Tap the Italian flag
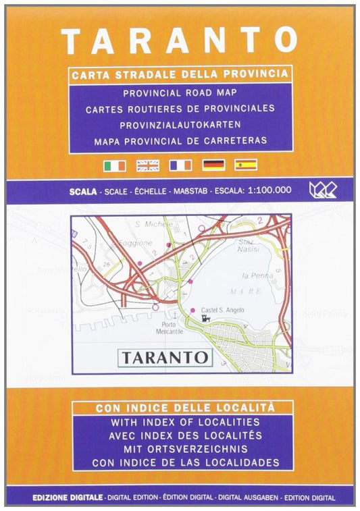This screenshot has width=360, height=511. [113, 165]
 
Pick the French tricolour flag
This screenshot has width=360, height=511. [180, 165]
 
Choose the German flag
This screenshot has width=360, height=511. [213, 165]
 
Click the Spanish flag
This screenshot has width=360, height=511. [246, 165]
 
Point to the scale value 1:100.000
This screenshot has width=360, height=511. [269, 190]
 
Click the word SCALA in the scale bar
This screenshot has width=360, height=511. [83, 190]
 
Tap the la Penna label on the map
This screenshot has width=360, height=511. [252, 276]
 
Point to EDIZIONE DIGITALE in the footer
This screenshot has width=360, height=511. [68, 497]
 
